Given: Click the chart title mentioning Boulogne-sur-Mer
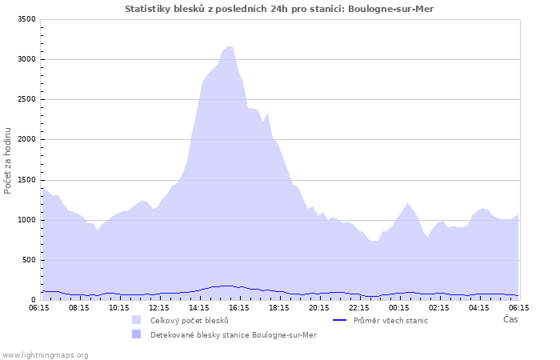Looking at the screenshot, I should [279, 8].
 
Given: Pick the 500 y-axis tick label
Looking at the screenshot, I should [28, 260].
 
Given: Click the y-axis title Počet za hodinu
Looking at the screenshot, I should [8, 160].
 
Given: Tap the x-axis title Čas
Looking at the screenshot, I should [510, 319].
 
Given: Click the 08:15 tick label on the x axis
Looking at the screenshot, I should [79, 307].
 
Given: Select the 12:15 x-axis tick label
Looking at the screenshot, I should [159, 307].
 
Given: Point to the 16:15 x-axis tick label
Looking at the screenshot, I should [239, 307].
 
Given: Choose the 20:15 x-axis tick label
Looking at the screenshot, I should [319, 307].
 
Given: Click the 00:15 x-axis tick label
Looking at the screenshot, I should [399, 307].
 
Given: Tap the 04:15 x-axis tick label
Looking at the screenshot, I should [479, 307].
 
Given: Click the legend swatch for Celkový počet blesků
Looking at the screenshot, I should [137, 320].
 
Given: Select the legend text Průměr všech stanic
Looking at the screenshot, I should [390, 320].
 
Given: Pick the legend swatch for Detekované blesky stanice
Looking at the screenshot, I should [137, 334].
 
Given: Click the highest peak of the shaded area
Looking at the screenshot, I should [230, 46].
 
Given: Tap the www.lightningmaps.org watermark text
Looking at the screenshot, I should [45, 354].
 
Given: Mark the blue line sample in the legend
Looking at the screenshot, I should [339, 320].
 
